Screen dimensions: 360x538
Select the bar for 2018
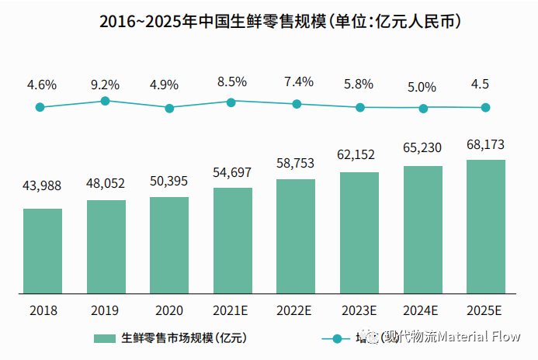pos(43,251)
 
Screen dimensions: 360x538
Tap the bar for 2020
pos(169,246)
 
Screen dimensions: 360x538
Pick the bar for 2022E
pos(296,237)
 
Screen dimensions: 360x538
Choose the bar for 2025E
pos(486,227)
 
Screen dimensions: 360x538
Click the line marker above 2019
pos(105,101)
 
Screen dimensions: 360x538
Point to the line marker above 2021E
pos(231,102)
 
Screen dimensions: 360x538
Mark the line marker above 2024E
pos(423,108)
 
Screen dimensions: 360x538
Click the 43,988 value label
pos(43,185)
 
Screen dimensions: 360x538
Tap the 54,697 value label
pos(232,170)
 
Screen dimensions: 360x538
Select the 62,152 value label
pos(359,154)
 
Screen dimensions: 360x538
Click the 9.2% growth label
pos(105,84)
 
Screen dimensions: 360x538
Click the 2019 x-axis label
pos(105,310)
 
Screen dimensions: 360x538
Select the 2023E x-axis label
pos(359,310)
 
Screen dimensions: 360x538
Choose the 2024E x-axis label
pos(422,310)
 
